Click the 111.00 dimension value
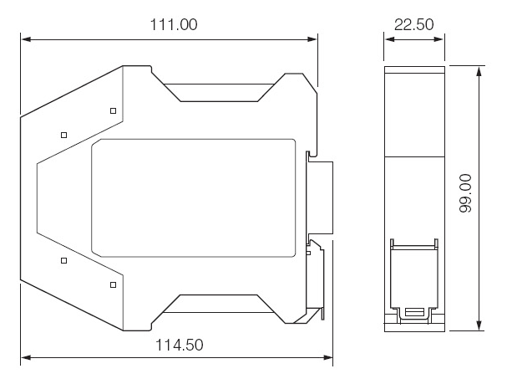click(174, 24)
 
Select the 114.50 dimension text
click(179, 345)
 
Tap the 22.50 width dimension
click(414, 24)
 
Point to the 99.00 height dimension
click(465, 193)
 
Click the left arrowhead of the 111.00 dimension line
click(26, 39)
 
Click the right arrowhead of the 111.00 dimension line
click(312, 39)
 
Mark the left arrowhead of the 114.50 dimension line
click(26, 357)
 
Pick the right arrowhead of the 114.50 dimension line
click(327, 357)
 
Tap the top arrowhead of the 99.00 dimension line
click(479, 71)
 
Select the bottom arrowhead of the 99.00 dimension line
click(479, 325)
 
